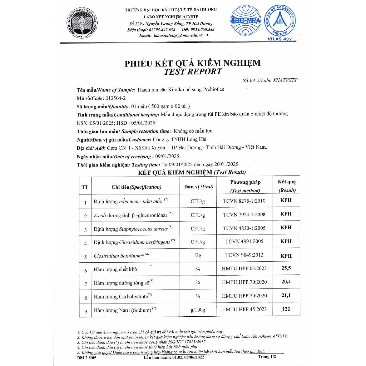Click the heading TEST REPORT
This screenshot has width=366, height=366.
coord(193,71)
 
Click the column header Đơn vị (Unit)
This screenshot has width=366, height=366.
coord(199,187)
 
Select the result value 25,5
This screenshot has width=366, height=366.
coord(286,268)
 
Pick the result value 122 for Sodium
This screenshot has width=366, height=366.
coord(286,309)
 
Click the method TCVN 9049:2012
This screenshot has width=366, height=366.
coord(244,255)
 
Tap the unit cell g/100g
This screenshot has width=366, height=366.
coord(198,310)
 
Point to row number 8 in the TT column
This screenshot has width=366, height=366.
coord(85,297)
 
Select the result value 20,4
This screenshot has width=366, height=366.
coord(286,282)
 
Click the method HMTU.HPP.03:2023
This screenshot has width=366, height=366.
coord(244,269)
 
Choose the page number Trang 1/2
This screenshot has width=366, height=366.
coord(267,356)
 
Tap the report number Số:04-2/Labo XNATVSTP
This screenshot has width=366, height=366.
coord(270,80)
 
